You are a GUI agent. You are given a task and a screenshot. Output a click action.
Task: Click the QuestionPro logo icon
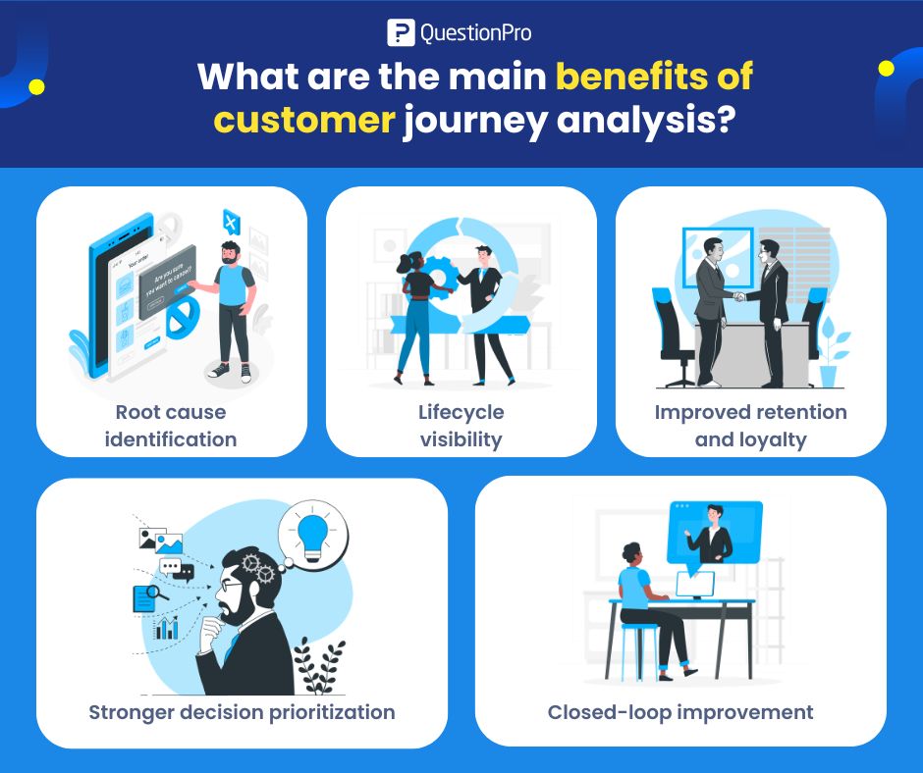point(401,32)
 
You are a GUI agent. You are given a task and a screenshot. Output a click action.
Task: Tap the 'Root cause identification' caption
point(171,425)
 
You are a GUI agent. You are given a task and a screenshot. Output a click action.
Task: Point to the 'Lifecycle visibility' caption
point(461,425)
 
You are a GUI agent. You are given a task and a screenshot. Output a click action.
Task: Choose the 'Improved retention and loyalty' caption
point(750,425)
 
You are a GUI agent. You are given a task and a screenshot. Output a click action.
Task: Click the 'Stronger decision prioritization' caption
point(242,711)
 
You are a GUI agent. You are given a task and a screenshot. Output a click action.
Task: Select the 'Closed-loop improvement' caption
point(680,711)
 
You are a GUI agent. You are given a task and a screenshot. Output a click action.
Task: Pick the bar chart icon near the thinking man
point(167,628)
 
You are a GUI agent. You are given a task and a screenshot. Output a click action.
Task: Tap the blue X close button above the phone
point(231,222)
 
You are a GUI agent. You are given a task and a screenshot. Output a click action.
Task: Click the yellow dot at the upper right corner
point(886,68)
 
